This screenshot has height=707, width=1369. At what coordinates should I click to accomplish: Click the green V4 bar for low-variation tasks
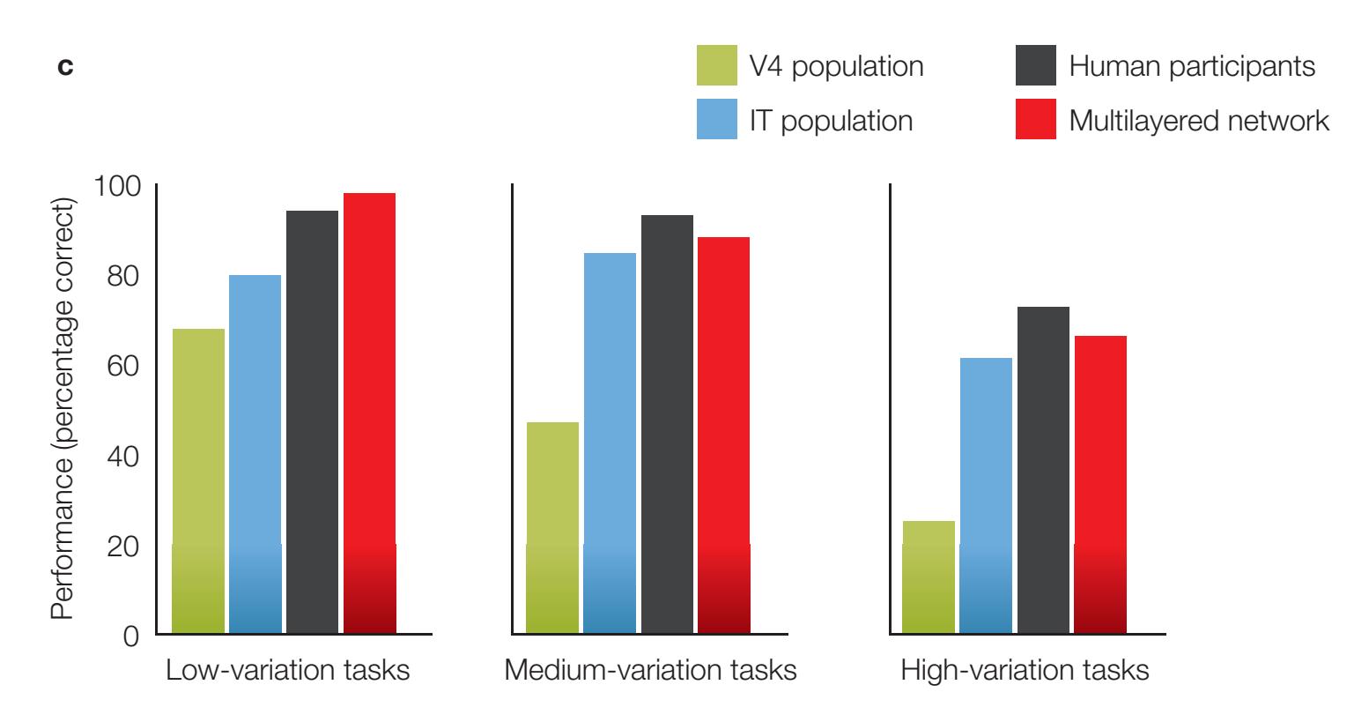coord(198,480)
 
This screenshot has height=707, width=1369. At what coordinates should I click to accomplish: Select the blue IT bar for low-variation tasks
coord(255,454)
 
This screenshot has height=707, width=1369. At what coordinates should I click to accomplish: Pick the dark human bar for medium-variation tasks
coord(667,424)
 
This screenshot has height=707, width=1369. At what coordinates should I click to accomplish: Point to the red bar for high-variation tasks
coord(1100,484)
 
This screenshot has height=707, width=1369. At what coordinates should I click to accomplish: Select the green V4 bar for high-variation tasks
coord(929,577)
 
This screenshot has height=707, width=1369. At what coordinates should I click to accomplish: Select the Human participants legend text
coord(1192,66)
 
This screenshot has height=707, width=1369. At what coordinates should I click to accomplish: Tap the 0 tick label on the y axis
coord(131,636)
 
